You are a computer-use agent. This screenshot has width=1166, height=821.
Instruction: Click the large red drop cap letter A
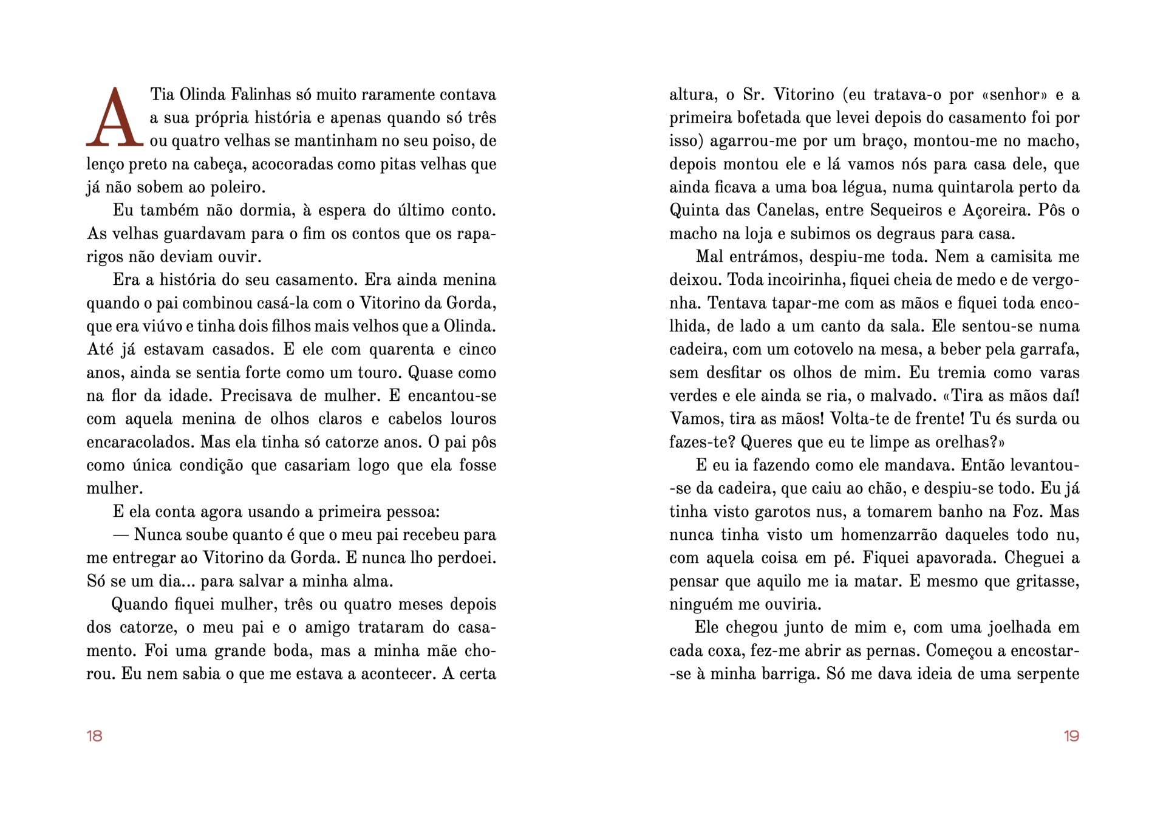pyautogui.click(x=115, y=118)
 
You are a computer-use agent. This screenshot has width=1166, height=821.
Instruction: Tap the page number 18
pyautogui.click(x=95, y=736)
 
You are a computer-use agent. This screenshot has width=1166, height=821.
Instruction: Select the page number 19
pyautogui.click(x=1071, y=736)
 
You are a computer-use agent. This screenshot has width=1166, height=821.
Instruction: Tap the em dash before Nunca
pyautogui.click(x=121, y=535)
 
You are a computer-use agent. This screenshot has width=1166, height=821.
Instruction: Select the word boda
pyautogui.click(x=288, y=651)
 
